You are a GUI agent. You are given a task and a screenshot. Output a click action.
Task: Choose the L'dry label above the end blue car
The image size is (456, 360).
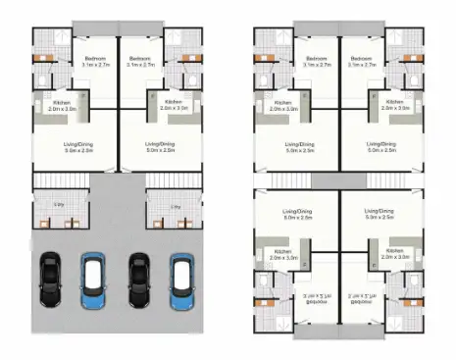coord(175,206)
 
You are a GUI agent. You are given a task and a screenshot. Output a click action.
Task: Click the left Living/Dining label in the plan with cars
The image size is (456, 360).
coord(67,147)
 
